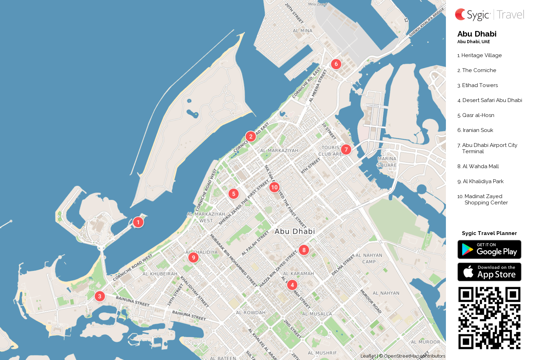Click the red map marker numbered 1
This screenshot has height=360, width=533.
[138, 222]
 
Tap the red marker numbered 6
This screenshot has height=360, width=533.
[336, 64]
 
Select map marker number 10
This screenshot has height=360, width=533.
[274, 187]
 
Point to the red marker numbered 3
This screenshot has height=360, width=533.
[100, 296]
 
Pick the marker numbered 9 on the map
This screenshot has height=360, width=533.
[193, 258]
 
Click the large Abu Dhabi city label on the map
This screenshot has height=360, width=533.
[295, 232]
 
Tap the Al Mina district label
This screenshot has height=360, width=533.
[302, 31]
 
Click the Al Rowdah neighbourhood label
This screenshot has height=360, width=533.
[250, 313]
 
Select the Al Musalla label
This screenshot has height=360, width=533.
[317, 314]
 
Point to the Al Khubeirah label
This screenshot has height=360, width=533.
[160, 274]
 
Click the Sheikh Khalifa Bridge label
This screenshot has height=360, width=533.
[426, 22]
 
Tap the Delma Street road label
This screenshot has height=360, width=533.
[343, 265]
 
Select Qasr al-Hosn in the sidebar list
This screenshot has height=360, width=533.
[478, 115]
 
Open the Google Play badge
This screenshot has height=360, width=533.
[489, 250]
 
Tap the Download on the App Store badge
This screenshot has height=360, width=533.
[489, 272]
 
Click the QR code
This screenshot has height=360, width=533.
[489, 318]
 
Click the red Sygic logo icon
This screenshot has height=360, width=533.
[460, 14]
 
